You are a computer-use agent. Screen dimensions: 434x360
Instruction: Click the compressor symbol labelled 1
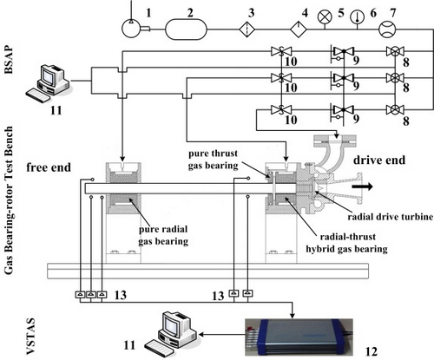(x=131, y=29)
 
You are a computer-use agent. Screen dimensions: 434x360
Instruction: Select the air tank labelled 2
(x=186, y=29)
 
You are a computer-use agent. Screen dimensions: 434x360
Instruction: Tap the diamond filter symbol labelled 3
(x=247, y=29)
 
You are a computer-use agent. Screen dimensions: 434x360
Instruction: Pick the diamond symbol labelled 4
(x=299, y=29)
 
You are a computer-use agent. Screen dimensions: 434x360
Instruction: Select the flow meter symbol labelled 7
(x=387, y=29)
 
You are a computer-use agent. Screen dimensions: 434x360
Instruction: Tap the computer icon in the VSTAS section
(x=171, y=333)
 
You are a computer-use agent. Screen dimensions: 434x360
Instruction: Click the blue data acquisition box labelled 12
(x=299, y=337)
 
